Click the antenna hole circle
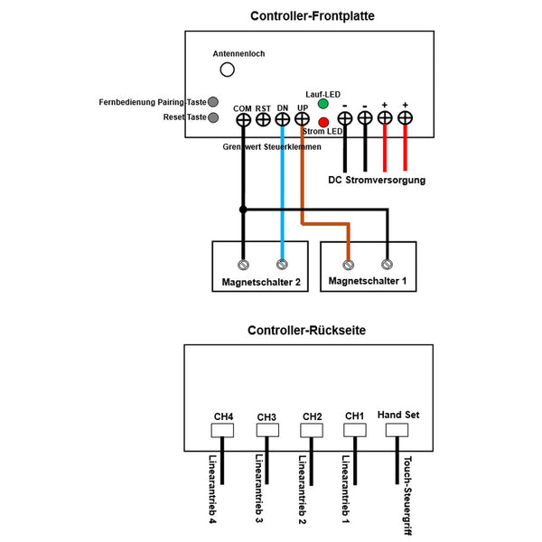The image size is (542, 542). [x=227, y=70]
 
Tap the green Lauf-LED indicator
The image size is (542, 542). [x=322, y=104]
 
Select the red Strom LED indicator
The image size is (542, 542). [x=323, y=122]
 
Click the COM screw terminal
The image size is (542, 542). [x=243, y=120]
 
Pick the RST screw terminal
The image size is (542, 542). [x=263, y=120]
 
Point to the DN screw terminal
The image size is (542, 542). [x=283, y=119]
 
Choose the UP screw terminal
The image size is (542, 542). [x=302, y=119]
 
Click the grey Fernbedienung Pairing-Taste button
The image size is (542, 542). [x=213, y=102]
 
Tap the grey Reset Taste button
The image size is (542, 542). [x=213, y=117]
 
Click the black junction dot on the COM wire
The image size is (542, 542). [x=243, y=210]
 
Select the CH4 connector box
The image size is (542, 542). [x=222, y=430]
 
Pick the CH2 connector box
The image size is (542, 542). [x=312, y=430]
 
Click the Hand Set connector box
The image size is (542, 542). [x=397, y=430]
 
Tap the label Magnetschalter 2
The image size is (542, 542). [x=261, y=282]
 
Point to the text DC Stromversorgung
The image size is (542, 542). [x=377, y=180]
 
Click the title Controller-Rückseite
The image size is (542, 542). [x=306, y=331]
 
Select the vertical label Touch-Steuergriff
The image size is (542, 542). [x=408, y=495]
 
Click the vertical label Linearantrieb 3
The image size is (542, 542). [x=259, y=489]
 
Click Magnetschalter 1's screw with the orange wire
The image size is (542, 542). [x=348, y=265]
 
